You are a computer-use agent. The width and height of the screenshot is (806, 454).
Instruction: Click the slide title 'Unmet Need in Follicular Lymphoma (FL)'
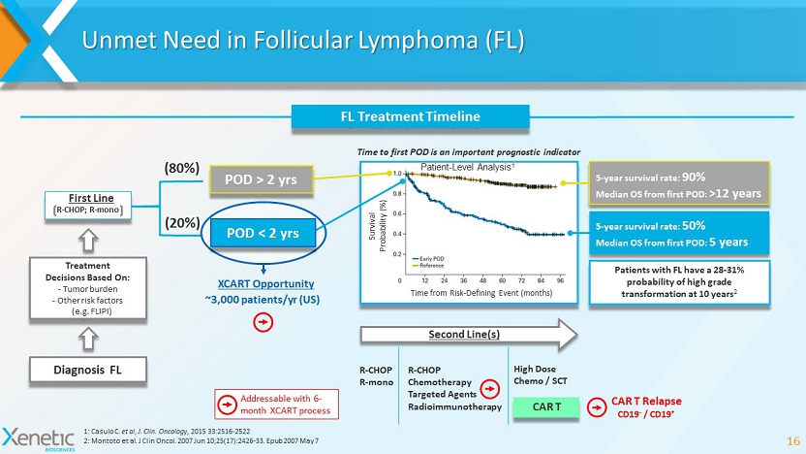(x=303, y=41)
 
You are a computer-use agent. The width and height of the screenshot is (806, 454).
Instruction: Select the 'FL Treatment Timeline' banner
(x=410, y=116)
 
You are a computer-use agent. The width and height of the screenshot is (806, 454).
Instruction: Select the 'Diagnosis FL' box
(x=86, y=369)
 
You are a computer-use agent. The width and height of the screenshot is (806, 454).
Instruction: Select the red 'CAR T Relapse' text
(x=646, y=401)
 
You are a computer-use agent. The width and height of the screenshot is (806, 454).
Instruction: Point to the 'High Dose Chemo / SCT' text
(x=540, y=374)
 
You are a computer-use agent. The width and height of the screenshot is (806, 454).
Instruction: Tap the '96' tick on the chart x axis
(x=561, y=279)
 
